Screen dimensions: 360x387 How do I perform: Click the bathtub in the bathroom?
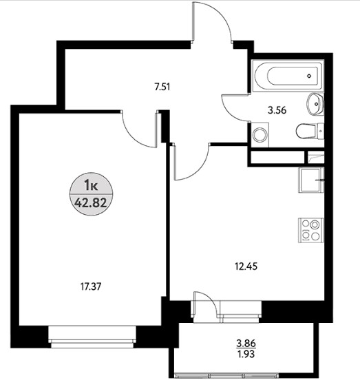(x=288, y=76)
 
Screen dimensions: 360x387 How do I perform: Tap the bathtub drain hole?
(x=309, y=76)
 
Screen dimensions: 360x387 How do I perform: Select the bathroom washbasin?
(x=315, y=104)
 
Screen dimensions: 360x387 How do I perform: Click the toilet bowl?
(x=310, y=131)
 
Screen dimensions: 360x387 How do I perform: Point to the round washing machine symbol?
(x=260, y=134)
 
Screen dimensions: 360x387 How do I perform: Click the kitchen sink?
(x=311, y=180)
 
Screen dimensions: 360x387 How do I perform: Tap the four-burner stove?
(x=310, y=230)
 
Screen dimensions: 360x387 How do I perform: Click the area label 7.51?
(x=162, y=87)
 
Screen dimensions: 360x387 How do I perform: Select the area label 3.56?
(x=277, y=110)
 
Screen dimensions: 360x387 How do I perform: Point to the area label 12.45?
(x=246, y=266)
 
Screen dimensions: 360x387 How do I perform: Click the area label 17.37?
(x=91, y=286)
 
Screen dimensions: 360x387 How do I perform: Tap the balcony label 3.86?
(x=246, y=344)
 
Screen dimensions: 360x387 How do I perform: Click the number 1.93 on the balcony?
(x=246, y=354)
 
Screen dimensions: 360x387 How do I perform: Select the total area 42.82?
(x=91, y=203)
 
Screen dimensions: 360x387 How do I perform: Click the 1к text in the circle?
(x=91, y=185)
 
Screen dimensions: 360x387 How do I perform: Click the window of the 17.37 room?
(x=92, y=337)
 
